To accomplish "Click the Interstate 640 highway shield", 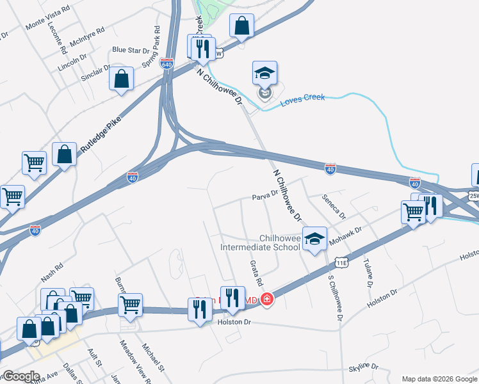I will coord(167,63).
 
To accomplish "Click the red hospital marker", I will coord(266,299).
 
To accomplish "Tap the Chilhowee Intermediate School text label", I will coord(260,242).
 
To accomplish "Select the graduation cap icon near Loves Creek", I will coord(264,72).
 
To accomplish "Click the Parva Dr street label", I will coord(264,193).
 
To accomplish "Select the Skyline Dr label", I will coord(364,367).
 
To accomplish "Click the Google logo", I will coord(21,376).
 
